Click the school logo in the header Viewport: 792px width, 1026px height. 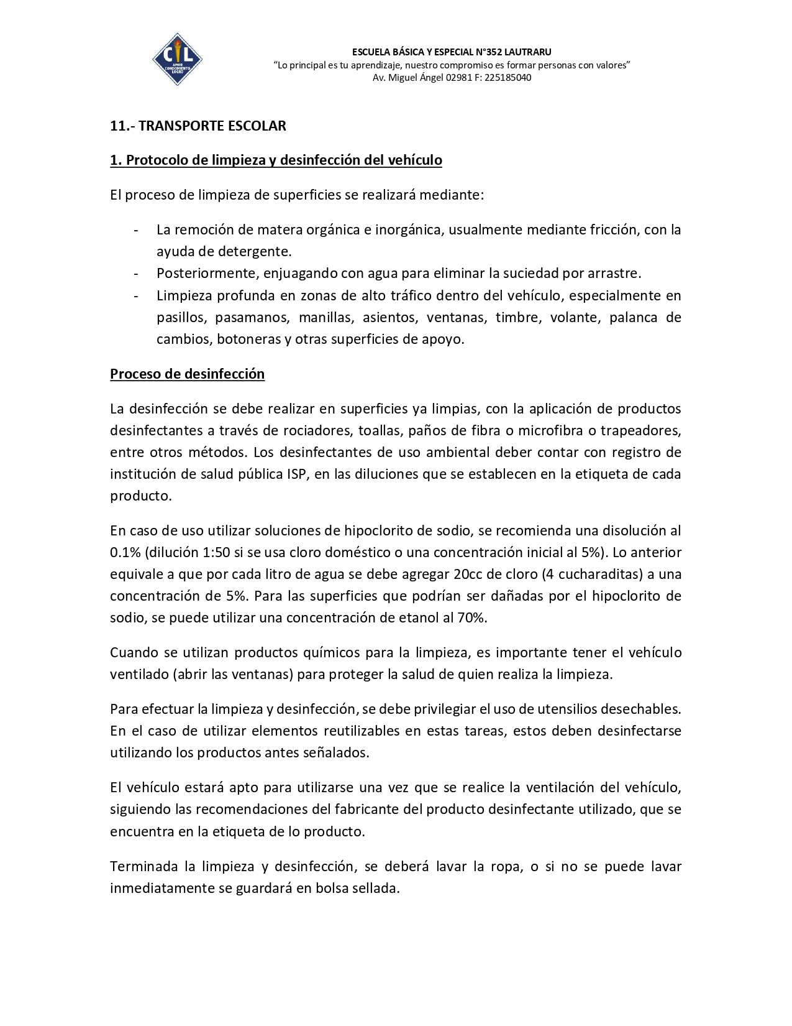coord(177,59)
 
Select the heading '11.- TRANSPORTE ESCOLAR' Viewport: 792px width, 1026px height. coord(198,126)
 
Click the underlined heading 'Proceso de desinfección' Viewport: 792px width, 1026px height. coord(188,374)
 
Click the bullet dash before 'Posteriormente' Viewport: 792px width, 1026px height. coord(135,274)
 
